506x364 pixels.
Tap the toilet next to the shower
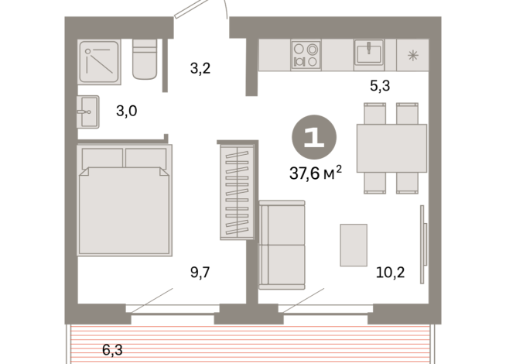[x=145, y=60]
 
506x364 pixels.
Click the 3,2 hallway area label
[x=200, y=67]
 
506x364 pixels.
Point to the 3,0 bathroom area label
[x=127, y=111]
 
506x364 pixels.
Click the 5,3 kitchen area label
[x=379, y=86]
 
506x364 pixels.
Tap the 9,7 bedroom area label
[x=201, y=272]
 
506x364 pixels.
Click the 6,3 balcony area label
[x=111, y=350]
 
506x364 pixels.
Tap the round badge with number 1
[x=313, y=137]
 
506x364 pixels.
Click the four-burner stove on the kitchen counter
[x=304, y=55]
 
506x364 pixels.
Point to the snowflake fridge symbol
[x=412, y=55]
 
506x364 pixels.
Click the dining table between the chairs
[x=391, y=148]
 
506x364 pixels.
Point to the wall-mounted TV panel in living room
[x=422, y=245]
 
